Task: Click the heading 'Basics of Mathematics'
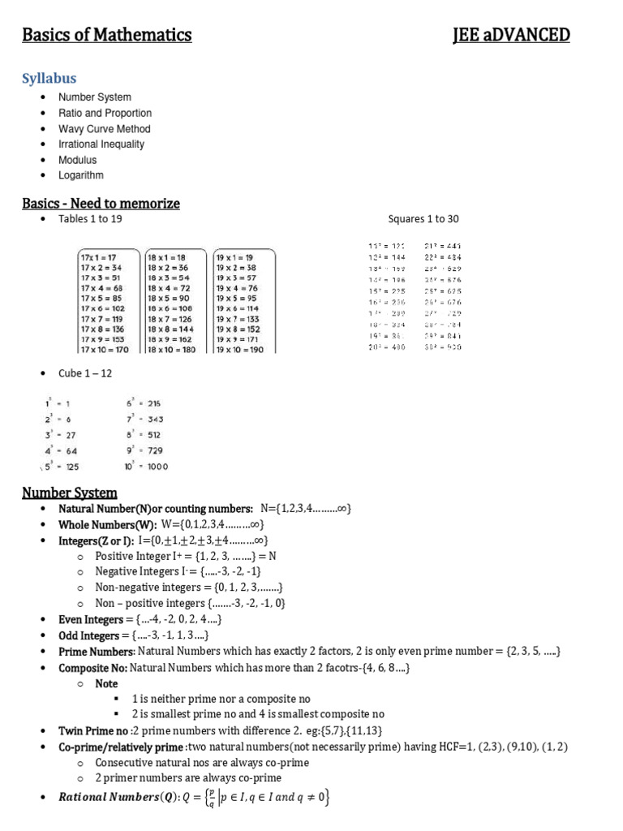pyautogui.click(x=106, y=35)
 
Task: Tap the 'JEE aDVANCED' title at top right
pyautogui.click(x=511, y=35)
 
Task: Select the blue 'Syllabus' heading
pyautogui.click(x=49, y=78)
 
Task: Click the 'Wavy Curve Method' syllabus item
pyautogui.click(x=104, y=129)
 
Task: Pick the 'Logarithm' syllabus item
pyautogui.click(x=80, y=175)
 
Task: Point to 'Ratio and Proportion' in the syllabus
pyautogui.click(x=105, y=114)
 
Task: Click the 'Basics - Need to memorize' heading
pyautogui.click(x=101, y=203)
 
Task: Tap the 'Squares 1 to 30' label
pyautogui.click(x=423, y=219)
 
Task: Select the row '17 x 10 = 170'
pyautogui.click(x=105, y=350)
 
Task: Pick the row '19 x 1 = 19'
pyautogui.click(x=234, y=256)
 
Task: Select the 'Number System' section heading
pyautogui.click(x=69, y=493)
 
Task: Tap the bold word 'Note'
pyautogui.click(x=106, y=683)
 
